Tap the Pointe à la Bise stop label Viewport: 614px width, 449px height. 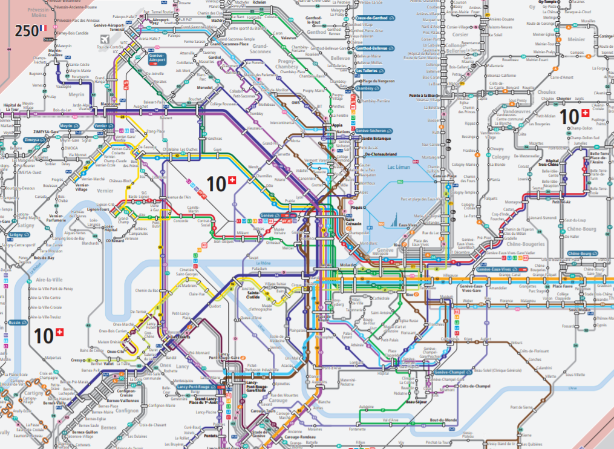tap(423, 95)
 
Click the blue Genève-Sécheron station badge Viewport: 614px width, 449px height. tap(371, 131)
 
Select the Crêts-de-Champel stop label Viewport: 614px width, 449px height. tap(474, 386)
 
